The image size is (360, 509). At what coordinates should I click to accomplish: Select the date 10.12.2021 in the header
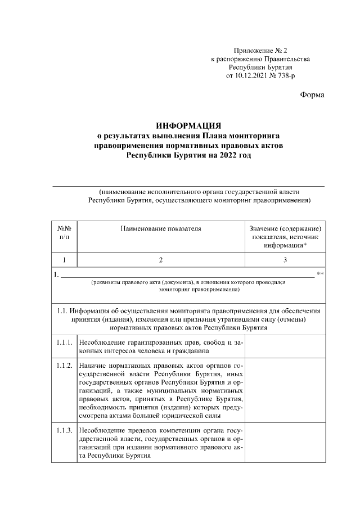[x=251, y=75]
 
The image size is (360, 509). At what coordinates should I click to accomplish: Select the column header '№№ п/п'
[x=64, y=233]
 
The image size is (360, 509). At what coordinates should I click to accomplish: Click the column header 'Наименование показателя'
[x=160, y=229]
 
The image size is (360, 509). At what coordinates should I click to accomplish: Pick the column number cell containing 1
[x=64, y=260]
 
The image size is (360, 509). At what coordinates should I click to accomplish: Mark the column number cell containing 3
[x=285, y=260]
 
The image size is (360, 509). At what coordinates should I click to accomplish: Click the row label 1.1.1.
[x=64, y=342]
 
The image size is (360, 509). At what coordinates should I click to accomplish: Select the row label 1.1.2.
[x=64, y=366]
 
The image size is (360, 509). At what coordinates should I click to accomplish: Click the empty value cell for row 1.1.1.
[x=285, y=346]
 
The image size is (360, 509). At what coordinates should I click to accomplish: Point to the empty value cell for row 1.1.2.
[x=285, y=390]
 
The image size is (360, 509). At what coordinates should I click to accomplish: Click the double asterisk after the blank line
[x=320, y=275]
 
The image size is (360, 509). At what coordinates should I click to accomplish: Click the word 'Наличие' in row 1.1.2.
[x=93, y=366]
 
